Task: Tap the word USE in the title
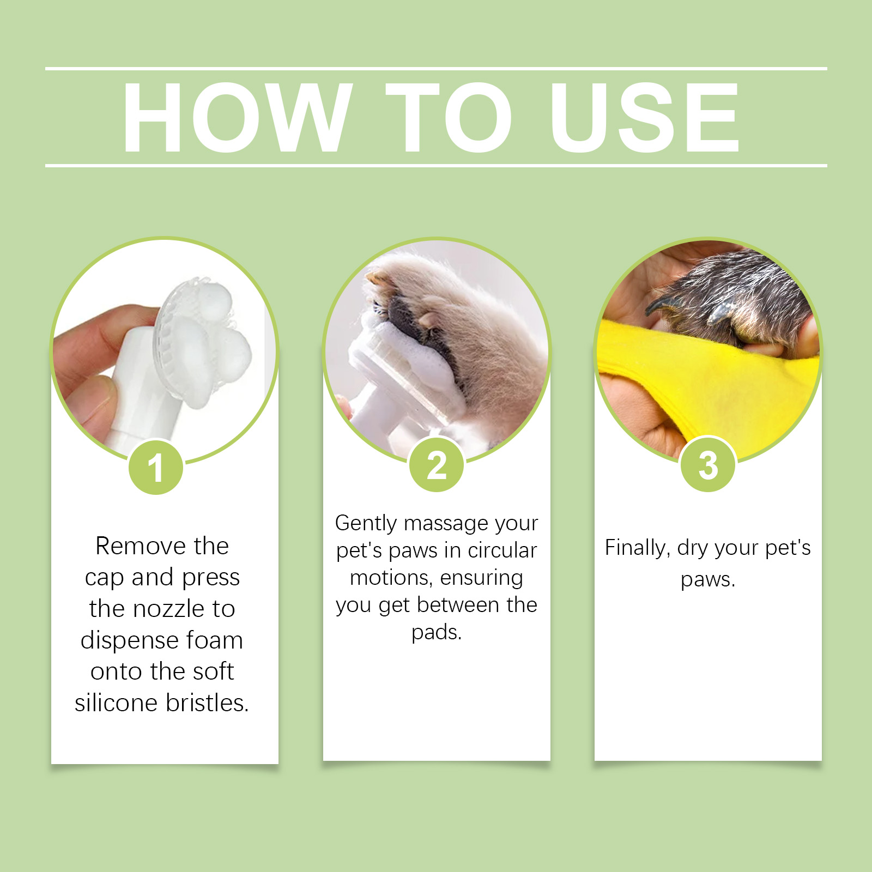click(645, 117)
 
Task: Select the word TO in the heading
click(449, 117)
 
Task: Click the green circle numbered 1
click(156, 467)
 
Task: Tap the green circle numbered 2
click(437, 465)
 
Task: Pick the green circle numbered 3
click(708, 465)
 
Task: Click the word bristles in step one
click(207, 703)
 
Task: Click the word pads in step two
click(436, 632)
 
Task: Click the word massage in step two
click(446, 523)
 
